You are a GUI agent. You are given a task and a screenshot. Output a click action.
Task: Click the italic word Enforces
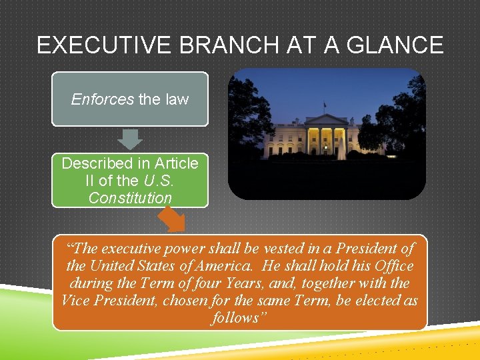[103, 99]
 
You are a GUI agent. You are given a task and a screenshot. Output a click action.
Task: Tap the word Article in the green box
[176, 163]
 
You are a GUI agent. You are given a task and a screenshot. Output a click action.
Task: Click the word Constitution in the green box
[130, 198]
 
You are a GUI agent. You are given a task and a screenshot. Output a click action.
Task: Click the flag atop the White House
[325, 105]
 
